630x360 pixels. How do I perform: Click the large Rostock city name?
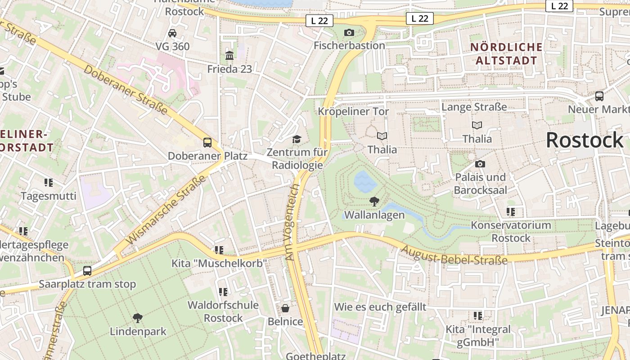point(585,140)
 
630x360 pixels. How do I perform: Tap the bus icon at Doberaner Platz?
point(207,143)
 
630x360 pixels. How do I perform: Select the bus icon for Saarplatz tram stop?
point(87,271)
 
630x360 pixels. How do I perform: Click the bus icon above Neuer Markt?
point(599,96)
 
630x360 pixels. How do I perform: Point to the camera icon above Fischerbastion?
point(349,32)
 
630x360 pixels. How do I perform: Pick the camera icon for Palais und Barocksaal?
point(480,164)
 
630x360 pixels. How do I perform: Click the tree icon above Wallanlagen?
point(374,202)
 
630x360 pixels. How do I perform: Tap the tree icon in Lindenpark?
point(138,318)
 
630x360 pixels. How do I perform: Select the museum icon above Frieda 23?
point(229,56)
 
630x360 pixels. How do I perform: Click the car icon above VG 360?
point(172,33)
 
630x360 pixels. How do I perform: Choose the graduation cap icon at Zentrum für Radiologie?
point(297,139)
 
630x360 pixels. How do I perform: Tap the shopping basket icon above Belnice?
point(285,308)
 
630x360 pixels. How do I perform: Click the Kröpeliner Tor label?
point(353,111)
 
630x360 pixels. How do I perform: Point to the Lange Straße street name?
point(474,107)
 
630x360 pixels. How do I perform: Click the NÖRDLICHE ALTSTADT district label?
point(507,54)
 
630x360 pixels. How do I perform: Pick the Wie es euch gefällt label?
point(380,307)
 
